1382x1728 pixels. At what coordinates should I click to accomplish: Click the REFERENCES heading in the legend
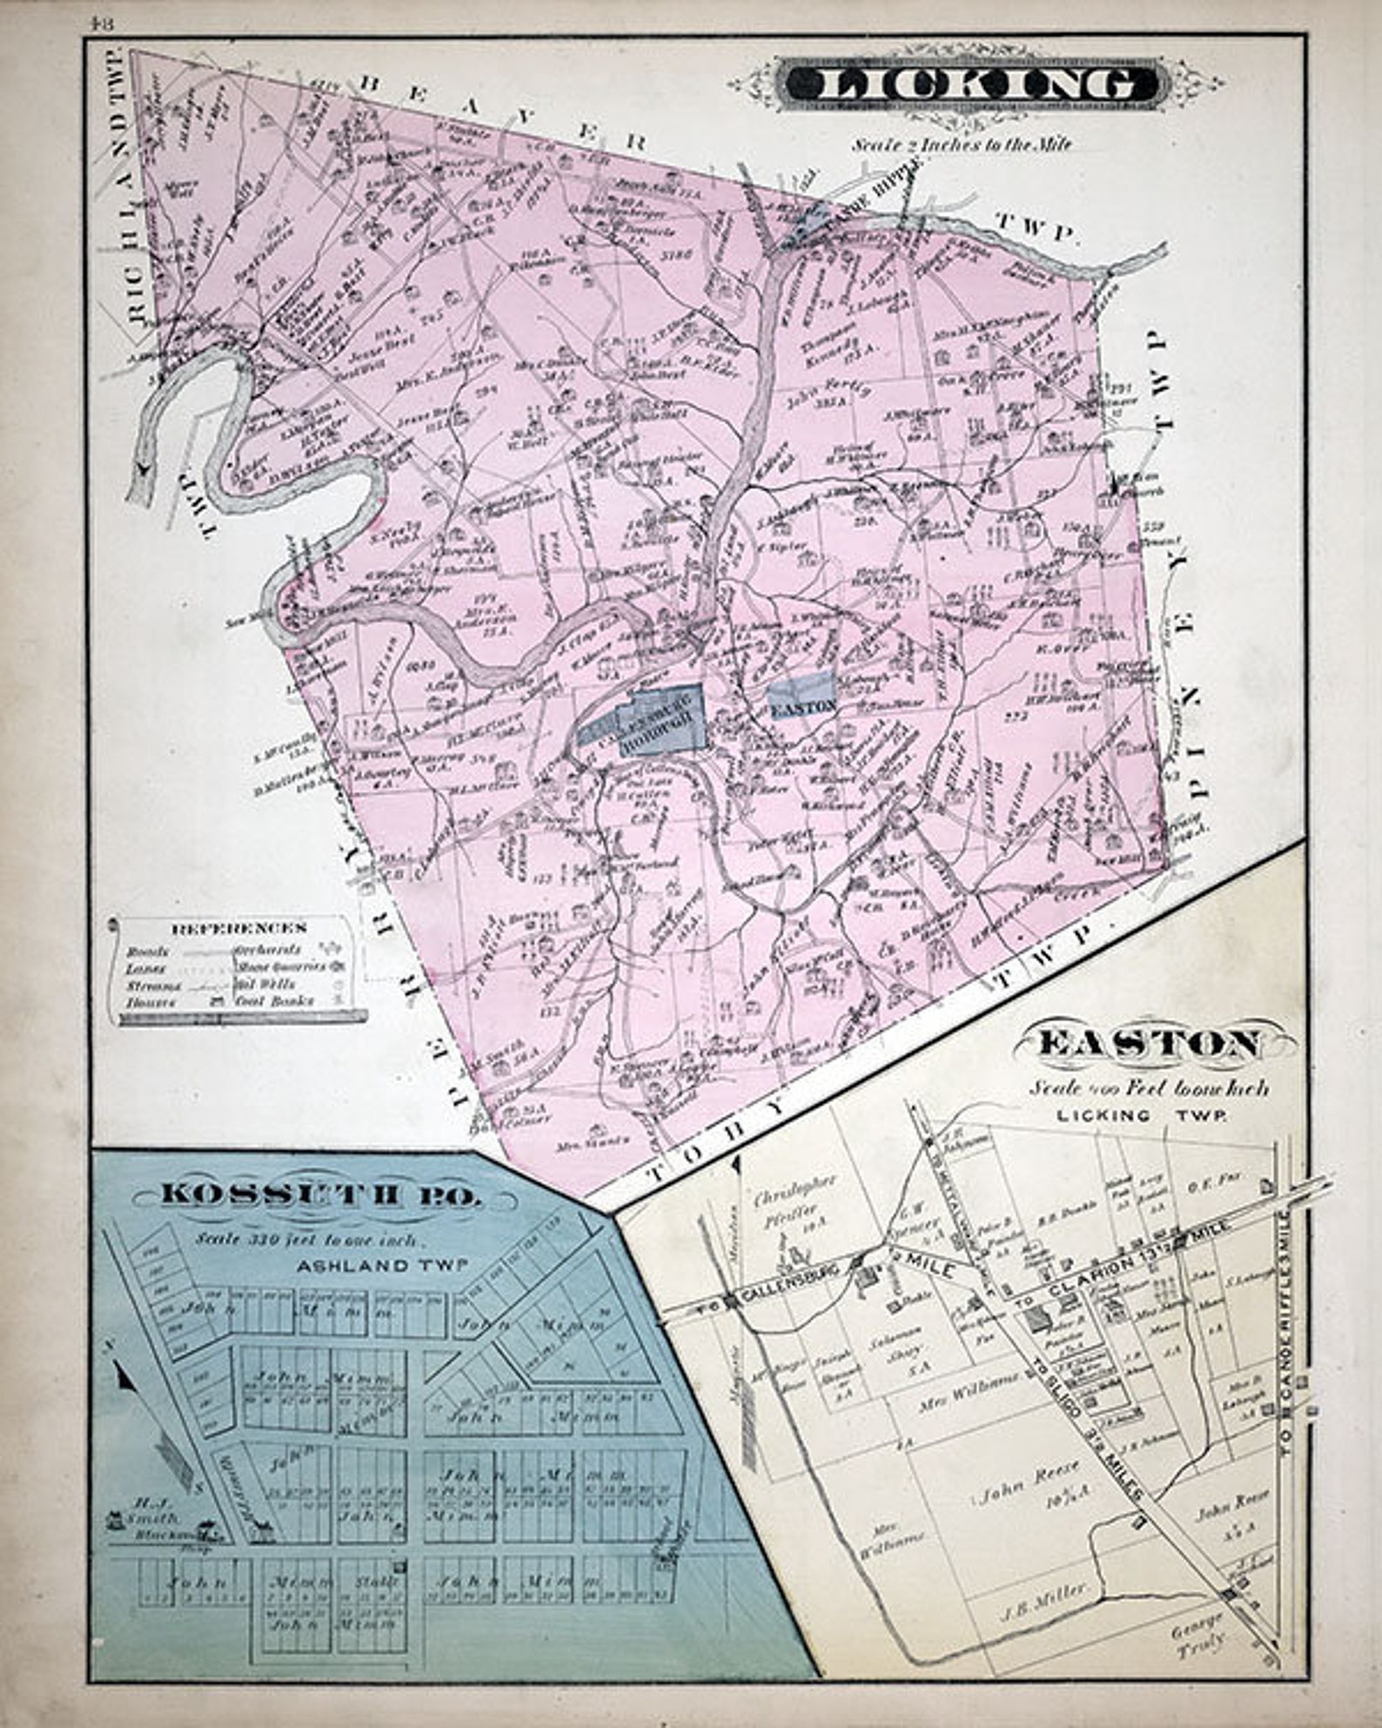pyautogui.click(x=239, y=928)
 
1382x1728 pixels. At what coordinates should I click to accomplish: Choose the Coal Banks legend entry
pyautogui.click(x=275, y=1001)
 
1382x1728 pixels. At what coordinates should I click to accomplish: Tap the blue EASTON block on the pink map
pyautogui.click(x=802, y=706)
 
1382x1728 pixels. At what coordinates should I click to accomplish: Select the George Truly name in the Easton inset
pyautogui.click(x=1198, y=1627)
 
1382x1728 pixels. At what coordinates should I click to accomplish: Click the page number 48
pyautogui.click(x=101, y=24)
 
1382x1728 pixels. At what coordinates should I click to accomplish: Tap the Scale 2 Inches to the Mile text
pyautogui.click(x=962, y=145)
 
